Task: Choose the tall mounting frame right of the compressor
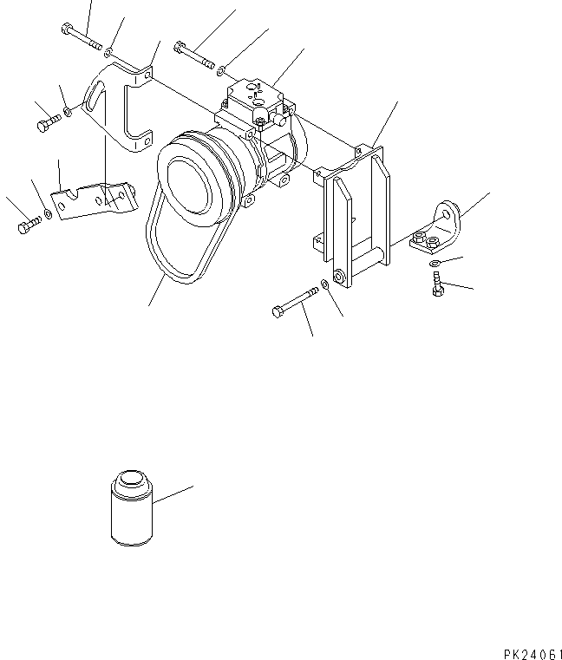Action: coord(356,212)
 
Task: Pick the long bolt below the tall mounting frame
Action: coord(294,304)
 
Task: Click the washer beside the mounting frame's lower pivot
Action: coord(323,284)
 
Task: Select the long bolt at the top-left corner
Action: coord(82,36)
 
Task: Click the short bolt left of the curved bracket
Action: coord(46,125)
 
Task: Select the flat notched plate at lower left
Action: coord(91,199)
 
